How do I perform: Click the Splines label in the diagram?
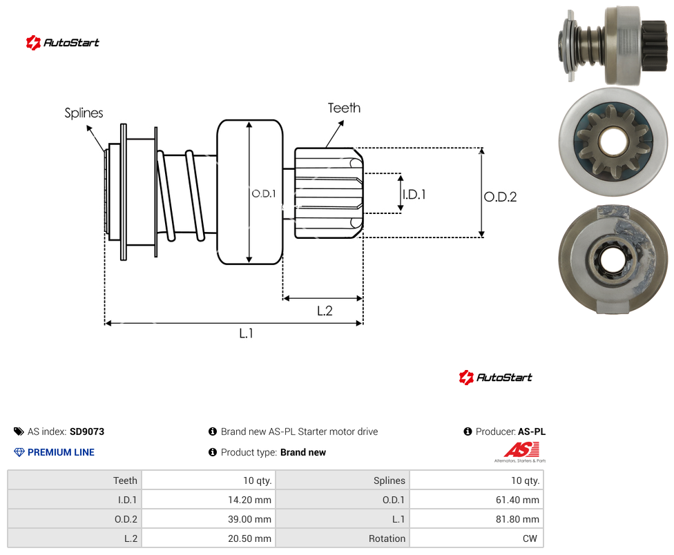click(84, 113)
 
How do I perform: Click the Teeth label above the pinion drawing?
click(344, 108)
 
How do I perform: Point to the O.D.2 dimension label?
click(501, 197)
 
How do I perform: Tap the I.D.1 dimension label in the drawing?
click(414, 195)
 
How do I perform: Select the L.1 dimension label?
click(247, 333)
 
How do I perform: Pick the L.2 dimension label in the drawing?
click(325, 311)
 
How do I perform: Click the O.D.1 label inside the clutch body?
click(264, 194)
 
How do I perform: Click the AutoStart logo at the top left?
click(62, 43)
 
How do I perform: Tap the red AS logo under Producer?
click(521, 451)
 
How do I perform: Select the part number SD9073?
click(87, 431)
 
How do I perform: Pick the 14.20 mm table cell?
click(209, 500)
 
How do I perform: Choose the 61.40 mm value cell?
click(476, 500)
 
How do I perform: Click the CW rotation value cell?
click(476, 538)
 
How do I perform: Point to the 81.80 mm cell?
click(476, 519)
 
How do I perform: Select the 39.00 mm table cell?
click(209, 519)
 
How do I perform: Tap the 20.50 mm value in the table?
click(249, 538)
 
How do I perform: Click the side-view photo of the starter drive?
click(612, 46)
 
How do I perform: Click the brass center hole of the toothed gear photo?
click(613, 142)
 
